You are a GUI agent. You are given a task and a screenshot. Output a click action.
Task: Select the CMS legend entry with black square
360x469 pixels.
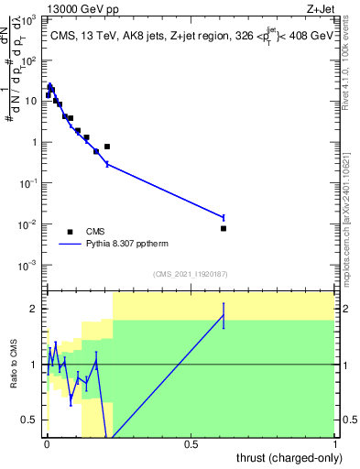point(70,232)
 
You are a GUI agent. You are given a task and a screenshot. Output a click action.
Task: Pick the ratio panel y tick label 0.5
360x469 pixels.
point(30,420)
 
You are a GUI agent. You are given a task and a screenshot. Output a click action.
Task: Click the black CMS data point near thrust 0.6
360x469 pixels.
point(224,228)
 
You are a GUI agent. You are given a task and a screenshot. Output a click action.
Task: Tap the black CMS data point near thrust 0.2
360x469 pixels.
point(107,147)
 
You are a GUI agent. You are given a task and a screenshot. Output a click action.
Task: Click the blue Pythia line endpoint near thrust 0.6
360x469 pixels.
point(224,217)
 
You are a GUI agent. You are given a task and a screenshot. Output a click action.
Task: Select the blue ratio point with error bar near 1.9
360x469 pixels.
point(224,316)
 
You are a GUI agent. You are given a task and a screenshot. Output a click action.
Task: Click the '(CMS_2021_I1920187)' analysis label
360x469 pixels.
point(191,273)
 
